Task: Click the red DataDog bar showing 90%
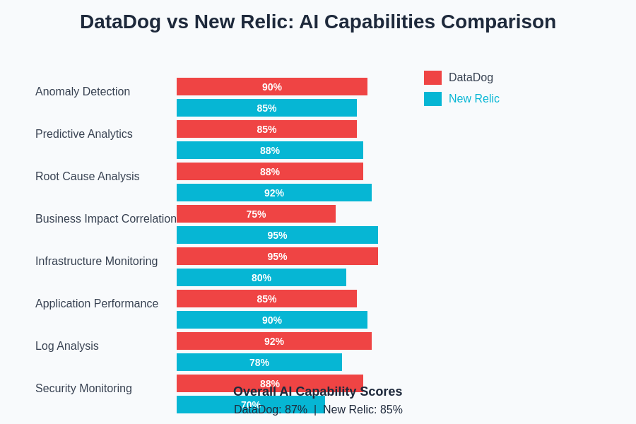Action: click(272, 87)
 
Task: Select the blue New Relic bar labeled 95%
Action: click(277, 235)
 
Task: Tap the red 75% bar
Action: click(256, 214)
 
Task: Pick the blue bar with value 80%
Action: click(261, 278)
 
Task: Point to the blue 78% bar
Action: click(259, 363)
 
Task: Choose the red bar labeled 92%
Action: click(274, 341)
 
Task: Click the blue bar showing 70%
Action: click(205, 405)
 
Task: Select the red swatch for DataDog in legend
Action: click(432, 78)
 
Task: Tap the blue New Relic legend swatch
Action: click(432, 99)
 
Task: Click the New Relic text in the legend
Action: click(473, 99)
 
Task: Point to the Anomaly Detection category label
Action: click(83, 92)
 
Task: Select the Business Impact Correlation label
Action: click(106, 219)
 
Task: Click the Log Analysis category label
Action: click(67, 346)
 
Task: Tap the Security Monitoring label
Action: click(83, 389)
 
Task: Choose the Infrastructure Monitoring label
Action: click(97, 261)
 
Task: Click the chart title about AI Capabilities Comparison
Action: click(318, 22)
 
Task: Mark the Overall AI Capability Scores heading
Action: click(317, 391)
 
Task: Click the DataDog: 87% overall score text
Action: click(271, 410)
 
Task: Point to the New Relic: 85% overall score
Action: click(363, 410)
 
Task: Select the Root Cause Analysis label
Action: click(88, 177)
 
